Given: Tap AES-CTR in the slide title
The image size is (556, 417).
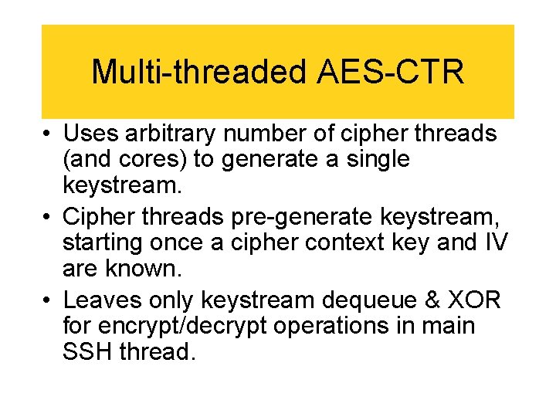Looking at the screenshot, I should [x=391, y=72].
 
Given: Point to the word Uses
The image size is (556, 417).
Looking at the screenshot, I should [x=89, y=134].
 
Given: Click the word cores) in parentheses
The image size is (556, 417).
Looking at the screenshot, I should [x=148, y=160].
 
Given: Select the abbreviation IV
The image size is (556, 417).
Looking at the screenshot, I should [x=497, y=242].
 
